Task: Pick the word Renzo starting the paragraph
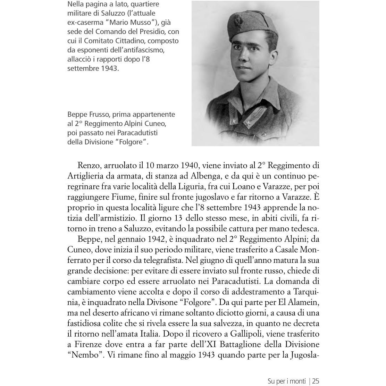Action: (89, 165)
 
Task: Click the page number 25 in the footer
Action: (315, 381)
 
